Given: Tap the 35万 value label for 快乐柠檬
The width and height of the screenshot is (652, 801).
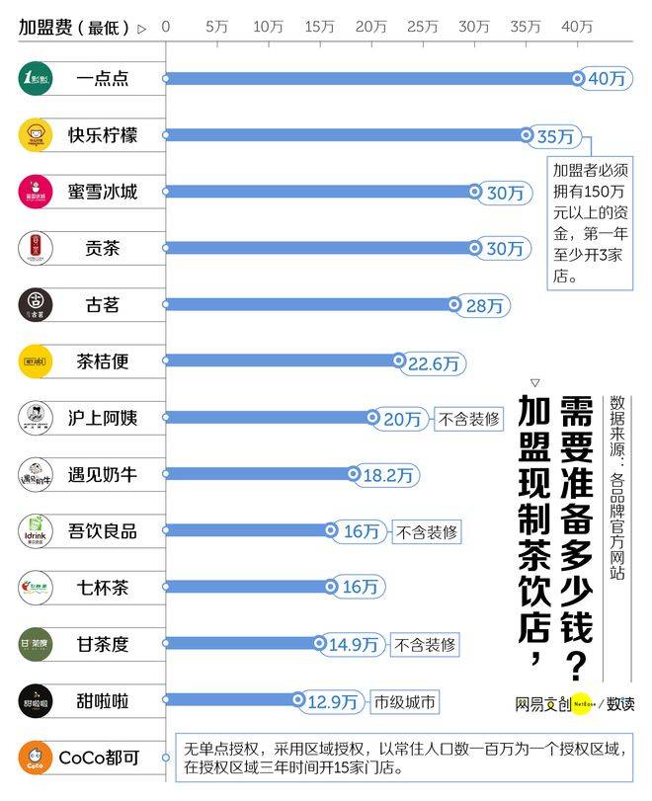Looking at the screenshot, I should [x=554, y=136].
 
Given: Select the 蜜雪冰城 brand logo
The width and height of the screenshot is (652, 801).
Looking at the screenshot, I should [x=35, y=192].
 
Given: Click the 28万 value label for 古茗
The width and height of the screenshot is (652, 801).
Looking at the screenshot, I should [x=484, y=306].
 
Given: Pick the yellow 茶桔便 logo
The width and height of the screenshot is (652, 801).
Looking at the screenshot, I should [x=35, y=361].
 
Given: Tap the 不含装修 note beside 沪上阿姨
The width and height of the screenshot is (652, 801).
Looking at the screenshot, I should [x=468, y=419].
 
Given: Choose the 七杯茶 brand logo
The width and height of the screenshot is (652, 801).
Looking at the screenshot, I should [x=35, y=589].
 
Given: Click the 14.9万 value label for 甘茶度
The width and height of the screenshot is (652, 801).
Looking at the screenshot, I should [x=353, y=645].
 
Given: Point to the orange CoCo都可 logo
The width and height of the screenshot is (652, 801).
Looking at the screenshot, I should [x=35, y=759].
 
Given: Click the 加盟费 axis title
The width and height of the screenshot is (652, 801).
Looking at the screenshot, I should [x=74, y=28].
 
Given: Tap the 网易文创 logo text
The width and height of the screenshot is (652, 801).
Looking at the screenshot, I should [x=542, y=704].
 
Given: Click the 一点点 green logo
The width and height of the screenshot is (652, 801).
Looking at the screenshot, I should [x=35, y=79].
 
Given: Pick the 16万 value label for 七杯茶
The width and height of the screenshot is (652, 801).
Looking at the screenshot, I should [x=361, y=588].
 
